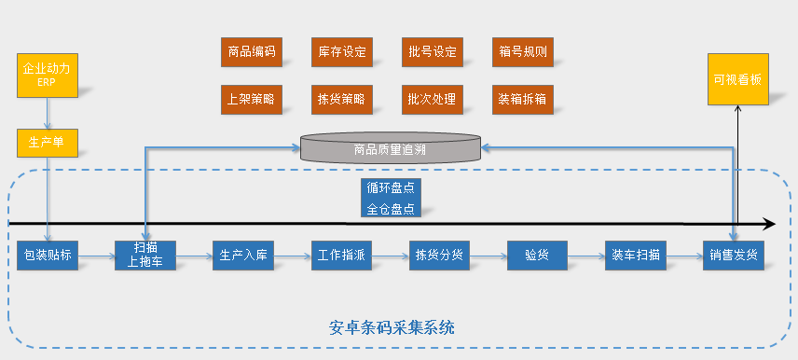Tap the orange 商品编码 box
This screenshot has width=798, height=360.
pos(251,51)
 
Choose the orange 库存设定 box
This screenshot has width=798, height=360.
pos(341,51)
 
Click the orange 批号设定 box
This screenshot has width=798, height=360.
pos(432,51)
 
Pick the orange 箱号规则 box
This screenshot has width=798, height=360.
pos(522,51)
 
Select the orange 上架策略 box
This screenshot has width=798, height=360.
pos(251,98)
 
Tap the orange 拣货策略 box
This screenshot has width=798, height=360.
pos(341,98)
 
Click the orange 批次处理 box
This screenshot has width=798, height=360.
pos(432,98)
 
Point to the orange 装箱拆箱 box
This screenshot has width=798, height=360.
pos(522,98)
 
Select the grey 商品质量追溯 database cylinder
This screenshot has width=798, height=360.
pos(390,148)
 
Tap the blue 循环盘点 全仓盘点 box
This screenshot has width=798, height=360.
pos(391,197)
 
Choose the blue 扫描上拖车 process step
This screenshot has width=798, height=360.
pos(145,255)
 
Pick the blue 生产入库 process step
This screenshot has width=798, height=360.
pos(243,255)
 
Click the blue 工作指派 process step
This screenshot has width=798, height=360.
pos(341,255)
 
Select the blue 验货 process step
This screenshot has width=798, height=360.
pos(536,255)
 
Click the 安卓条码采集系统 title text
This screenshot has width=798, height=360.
pos(392,327)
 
